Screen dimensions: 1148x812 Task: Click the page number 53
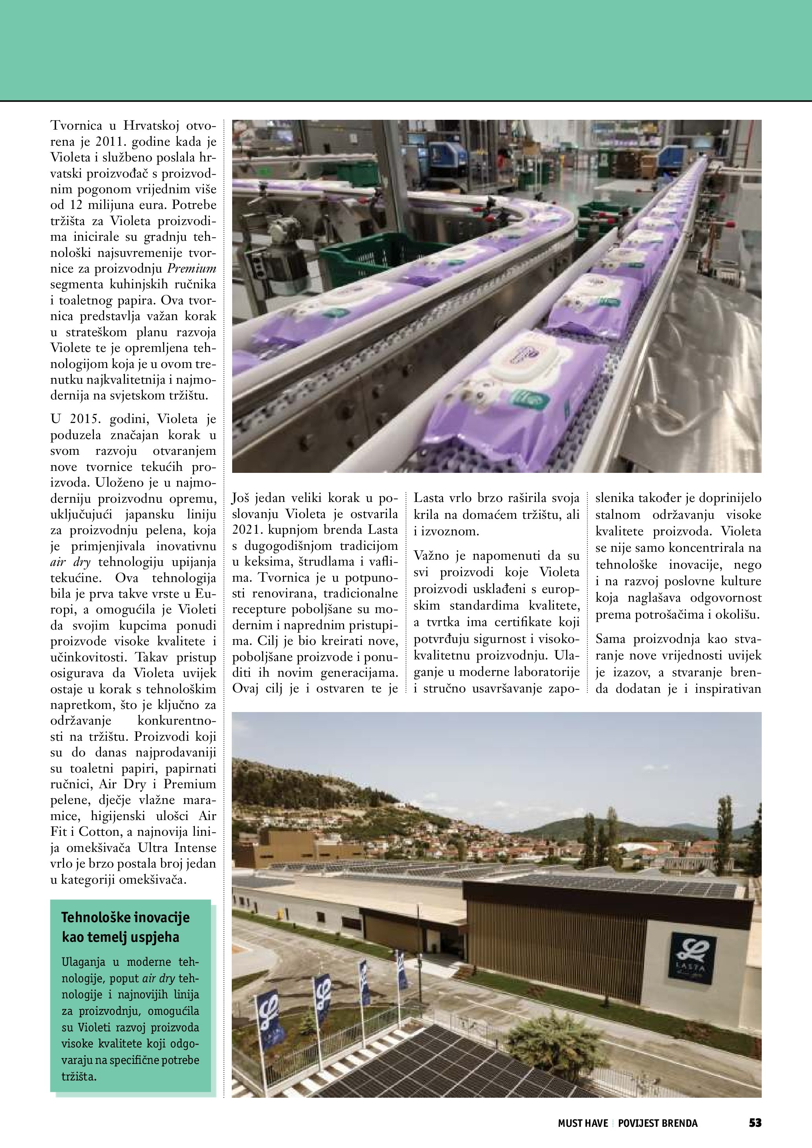(755, 1123)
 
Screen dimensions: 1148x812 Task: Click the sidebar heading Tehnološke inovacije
(125, 917)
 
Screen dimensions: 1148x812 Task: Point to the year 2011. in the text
(103, 141)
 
